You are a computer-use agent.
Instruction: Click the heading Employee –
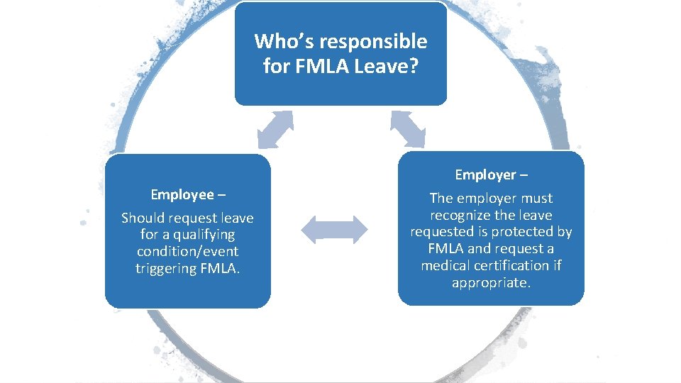(188, 194)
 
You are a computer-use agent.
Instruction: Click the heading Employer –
(491, 174)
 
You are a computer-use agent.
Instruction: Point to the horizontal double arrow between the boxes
(335, 229)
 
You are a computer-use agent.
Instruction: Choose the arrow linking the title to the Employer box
(407, 130)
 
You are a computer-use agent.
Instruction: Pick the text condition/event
(187, 252)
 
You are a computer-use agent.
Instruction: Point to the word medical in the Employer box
(445, 265)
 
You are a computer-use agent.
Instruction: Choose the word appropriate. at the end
(491, 282)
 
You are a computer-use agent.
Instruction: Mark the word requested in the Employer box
(441, 232)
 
